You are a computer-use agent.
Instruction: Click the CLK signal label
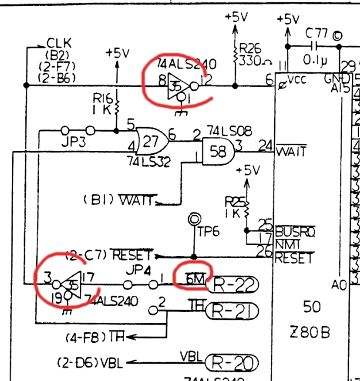point(58,42)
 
